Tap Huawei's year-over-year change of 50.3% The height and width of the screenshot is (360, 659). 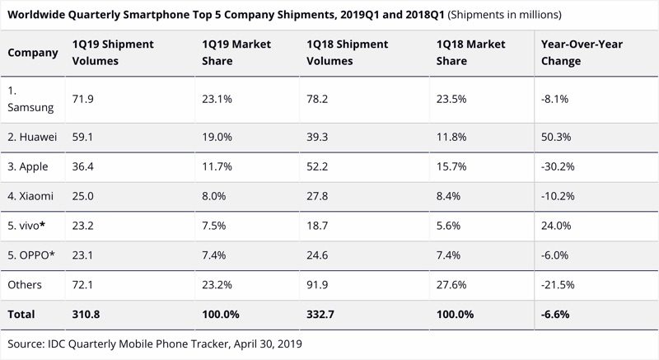[556, 137]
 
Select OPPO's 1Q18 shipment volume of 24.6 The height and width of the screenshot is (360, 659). [319, 255]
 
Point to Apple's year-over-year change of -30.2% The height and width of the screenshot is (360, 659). [558, 166]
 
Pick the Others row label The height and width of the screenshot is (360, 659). [26, 285]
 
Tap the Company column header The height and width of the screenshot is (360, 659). [33, 53]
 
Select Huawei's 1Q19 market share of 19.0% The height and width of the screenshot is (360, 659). [217, 137]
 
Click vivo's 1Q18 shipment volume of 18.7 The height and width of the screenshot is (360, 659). [319, 226]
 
